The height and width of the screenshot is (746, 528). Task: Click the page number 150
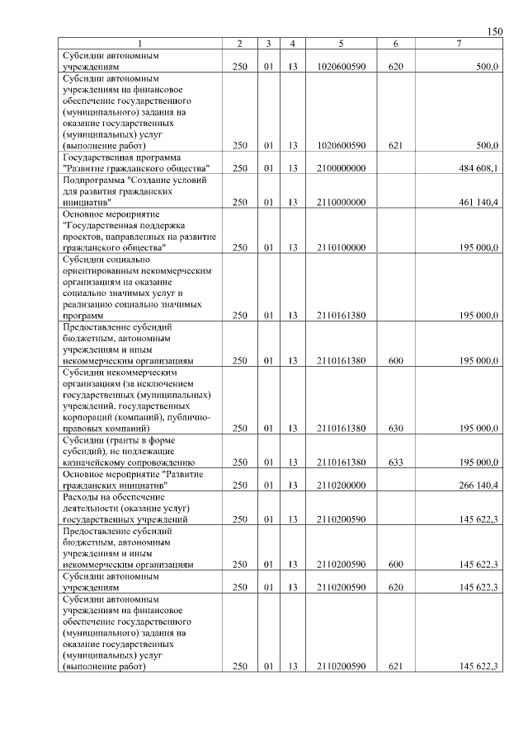coord(494,31)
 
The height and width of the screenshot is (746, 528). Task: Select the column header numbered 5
coord(341,43)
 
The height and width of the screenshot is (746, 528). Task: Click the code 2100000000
coord(341,168)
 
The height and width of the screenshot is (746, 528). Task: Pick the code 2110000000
coord(341,201)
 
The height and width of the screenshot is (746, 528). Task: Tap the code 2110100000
coord(341,247)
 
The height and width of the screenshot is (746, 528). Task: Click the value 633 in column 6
coord(395,463)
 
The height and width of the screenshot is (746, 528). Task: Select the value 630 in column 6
coord(395,429)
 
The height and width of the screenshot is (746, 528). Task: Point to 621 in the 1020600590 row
coord(395,145)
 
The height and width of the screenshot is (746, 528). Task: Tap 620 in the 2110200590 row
coord(395,588)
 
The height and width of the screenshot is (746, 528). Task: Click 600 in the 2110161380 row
coord(395,361)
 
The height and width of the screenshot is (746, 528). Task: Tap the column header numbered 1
coord(140,43)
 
